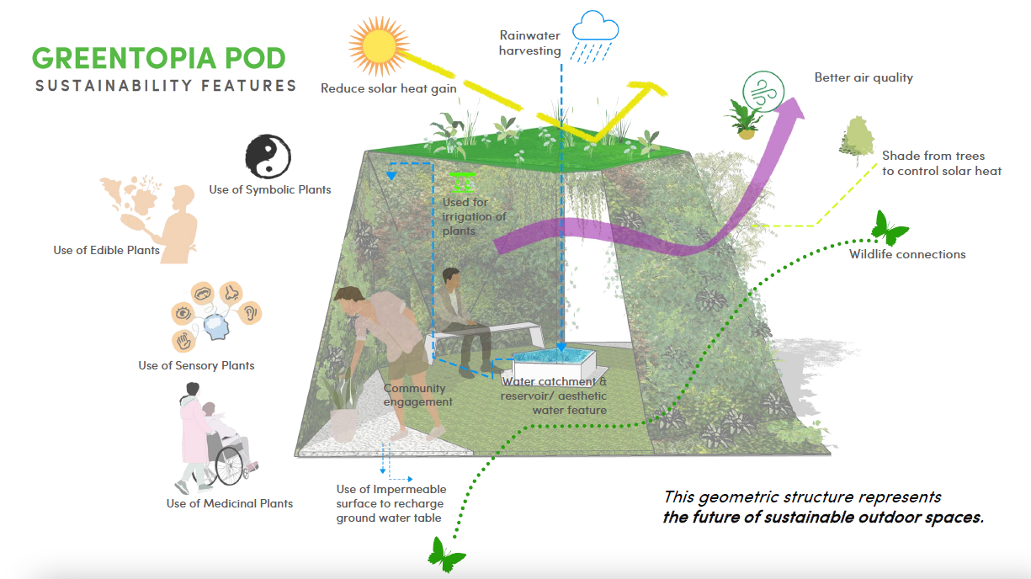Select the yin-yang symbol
[268, 157]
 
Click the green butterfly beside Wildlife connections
[889, 227]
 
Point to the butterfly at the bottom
[447, 555]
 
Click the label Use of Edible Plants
[106, 250]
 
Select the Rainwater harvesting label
[529, 43]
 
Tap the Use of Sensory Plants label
[196, 365]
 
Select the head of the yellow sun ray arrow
[650, 89]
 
